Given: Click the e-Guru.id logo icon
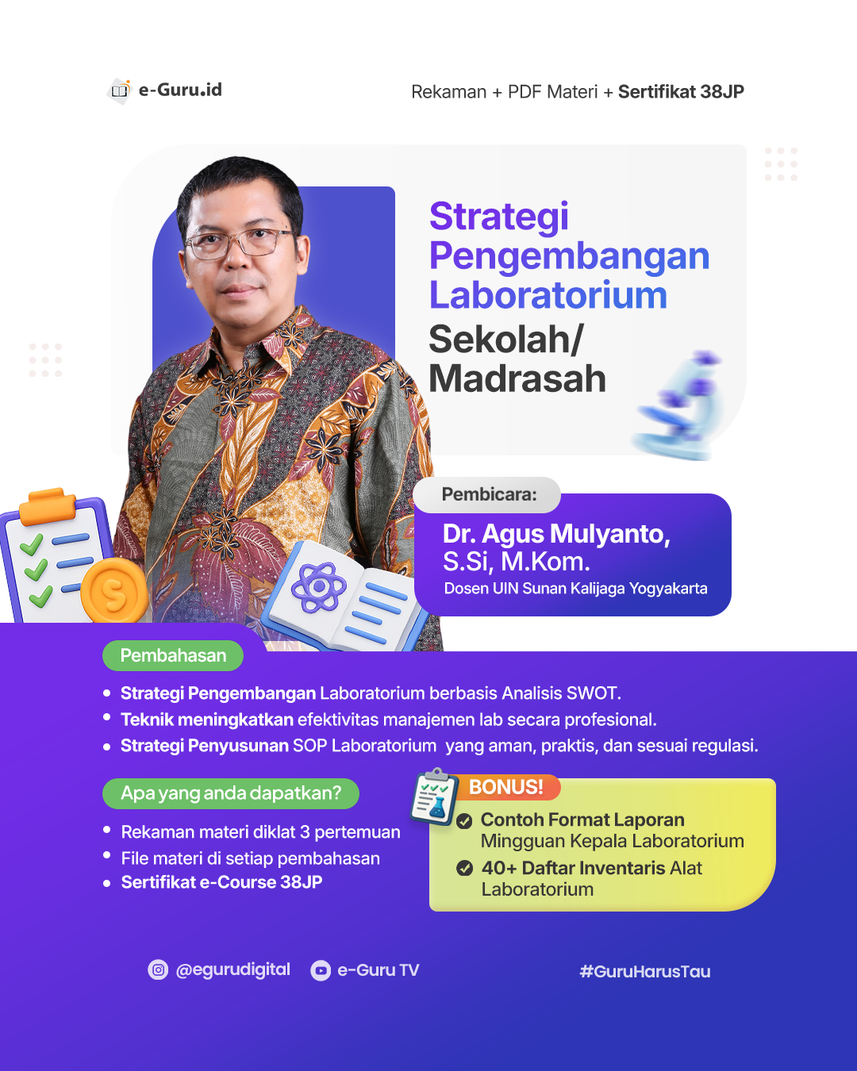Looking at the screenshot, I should point(120,90).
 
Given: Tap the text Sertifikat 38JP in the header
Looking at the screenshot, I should point(681,92).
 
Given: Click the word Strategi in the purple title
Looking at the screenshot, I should point(499,217).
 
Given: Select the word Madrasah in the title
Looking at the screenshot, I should point(517,378).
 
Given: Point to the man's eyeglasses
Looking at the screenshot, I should point(239,241).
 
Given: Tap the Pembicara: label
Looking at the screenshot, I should point(489,494).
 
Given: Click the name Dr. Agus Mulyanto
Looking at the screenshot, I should point(555,534).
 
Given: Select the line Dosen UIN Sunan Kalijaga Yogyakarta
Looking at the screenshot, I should point(575,589).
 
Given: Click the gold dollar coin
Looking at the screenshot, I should point(115,591).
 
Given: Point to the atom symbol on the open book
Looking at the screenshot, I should point(318,587).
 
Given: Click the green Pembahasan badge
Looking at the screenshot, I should point(173,655).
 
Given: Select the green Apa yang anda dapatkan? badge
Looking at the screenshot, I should point(231,793).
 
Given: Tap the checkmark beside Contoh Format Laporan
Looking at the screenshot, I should point(465,821).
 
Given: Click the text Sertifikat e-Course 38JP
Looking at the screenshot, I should point(221,882).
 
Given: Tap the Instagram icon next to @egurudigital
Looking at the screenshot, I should point(159,969).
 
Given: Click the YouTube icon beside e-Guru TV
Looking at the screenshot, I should point(321,970).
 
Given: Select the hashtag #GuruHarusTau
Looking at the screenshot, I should point(644,971).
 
